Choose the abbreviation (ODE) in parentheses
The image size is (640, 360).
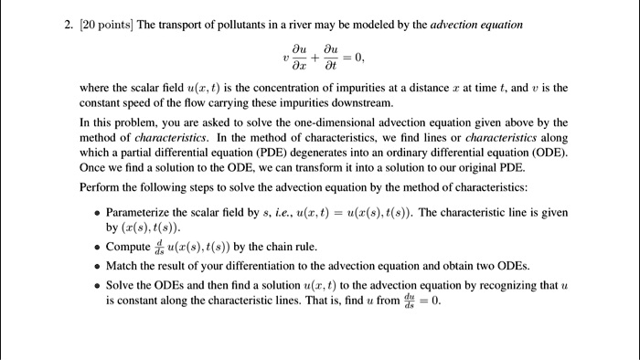(x=546, y=153)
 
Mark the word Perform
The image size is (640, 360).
(x=100, y=187)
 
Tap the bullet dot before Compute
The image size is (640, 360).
(x=97, y=247)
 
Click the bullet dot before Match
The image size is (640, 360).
(x=97, y=266)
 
